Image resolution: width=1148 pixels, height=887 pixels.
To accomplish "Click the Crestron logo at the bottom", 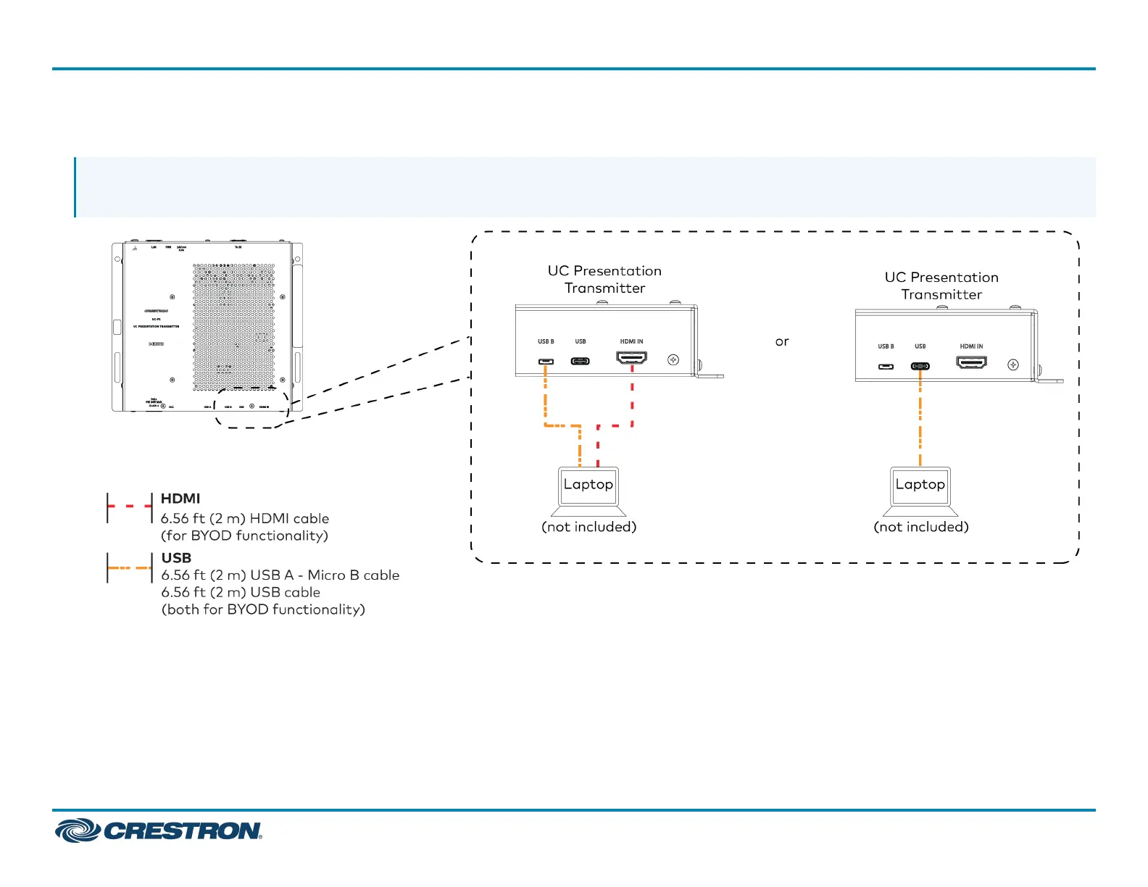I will point(159,830).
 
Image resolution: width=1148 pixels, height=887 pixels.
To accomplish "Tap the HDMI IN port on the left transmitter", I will point(631,358).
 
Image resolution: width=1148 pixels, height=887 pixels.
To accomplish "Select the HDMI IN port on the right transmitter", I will point(971,362).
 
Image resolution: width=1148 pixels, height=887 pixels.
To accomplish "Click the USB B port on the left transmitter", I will point(546,361).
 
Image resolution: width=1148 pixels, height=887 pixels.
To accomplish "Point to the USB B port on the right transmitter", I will point(886,366).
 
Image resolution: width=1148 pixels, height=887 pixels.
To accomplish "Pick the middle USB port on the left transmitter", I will point(580,361).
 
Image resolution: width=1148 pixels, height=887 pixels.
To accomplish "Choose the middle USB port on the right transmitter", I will point(920,366).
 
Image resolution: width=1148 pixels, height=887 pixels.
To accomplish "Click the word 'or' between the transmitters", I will point(781,341).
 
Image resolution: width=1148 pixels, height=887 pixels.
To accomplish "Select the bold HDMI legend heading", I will point(180,499).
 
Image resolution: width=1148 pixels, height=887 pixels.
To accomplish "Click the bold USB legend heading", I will point(176,558).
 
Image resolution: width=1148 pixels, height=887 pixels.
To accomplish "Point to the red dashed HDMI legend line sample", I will point(130,506).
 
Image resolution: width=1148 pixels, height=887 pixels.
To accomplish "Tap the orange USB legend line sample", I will point(130,568).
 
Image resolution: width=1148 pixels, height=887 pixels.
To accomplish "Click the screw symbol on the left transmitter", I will point(673,359).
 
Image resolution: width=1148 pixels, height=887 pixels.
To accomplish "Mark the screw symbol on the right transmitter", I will point(1013,365).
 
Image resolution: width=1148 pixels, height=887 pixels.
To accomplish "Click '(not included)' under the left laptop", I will point(588,527).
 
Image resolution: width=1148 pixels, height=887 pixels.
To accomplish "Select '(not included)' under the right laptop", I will point(921,527).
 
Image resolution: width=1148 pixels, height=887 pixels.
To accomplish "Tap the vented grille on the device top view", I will point(234,326).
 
